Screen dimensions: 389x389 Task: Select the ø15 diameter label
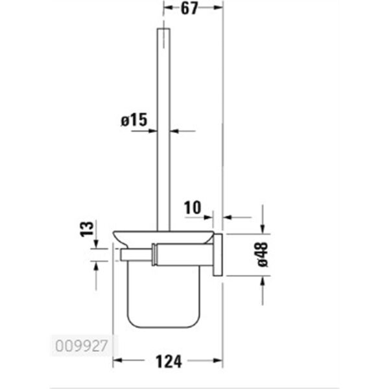(x=134, y=120)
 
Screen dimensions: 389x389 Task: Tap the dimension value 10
(x=192, y=207)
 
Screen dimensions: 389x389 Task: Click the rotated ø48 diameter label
(x=263, y=253)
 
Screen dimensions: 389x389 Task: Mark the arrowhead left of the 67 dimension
(x=166, y=9)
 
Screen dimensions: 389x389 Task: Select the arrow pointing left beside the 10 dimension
(x=228, y=217)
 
